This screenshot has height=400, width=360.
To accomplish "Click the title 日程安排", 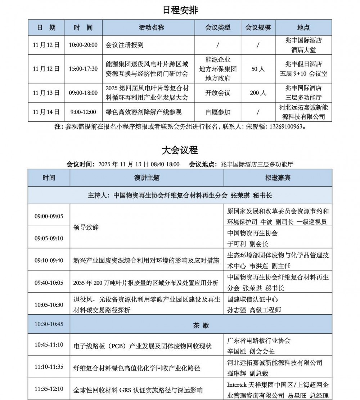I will pyautogui.click(x=180, y=10).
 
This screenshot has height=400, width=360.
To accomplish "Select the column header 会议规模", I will pyautogui.click(x=258, y=27).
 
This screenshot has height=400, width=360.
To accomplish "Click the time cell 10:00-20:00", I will pyautogui.click(x=83, y=45).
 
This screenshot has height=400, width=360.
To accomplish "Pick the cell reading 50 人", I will pyautogui.click(x=258, y=68).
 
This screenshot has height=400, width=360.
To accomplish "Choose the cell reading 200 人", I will pyautogui.click(x=258, y=93).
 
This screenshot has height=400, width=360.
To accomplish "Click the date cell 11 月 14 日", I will pyautogui.click(x=46, y=112).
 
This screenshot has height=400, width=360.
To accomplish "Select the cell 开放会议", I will pyautogui.click(x=218, y=93).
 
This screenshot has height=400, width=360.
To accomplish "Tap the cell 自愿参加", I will pyautogui.click(x=218, y=112).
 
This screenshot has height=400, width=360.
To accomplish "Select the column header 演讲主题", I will pyautogui.click(x=147, y=178).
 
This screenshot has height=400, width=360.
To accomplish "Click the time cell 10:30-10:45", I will pyautogui.click(x=49, y=324).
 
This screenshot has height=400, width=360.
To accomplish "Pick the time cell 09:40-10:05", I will pyautogui.click(x=49, y=283).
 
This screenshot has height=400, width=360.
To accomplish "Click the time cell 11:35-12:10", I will pyautogui.click(x=49, y=389).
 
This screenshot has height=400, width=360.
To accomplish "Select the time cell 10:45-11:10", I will pyautogui.click(x=49, y=345).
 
